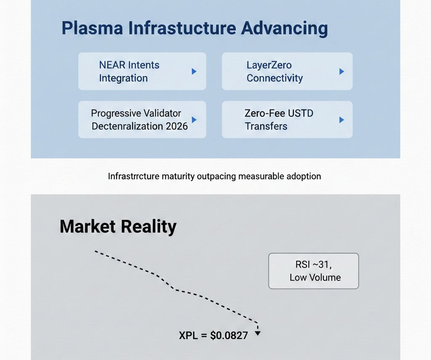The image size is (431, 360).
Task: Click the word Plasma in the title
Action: click(92, 28)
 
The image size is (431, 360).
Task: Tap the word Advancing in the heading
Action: click(285, 29)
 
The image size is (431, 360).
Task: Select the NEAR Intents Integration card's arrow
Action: click(194, 71)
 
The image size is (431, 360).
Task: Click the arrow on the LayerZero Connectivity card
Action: click(342, 71)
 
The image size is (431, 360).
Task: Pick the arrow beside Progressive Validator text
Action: click(194, 120)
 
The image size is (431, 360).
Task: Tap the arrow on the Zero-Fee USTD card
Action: click(342, 120)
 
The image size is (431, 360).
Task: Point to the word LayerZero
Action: click(269, 65)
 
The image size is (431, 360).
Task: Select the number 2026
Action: click(177, 126)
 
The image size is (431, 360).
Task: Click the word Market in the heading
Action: click(88, 227)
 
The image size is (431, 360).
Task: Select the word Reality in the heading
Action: click(149, 227)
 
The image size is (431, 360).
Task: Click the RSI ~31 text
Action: click(313, 265)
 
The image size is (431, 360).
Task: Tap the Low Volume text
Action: click(315, 277)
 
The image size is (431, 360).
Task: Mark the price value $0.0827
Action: click(229, 336)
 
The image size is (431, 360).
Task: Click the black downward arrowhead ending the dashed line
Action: click(258, 334)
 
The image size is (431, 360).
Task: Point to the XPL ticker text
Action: click(188, 336)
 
